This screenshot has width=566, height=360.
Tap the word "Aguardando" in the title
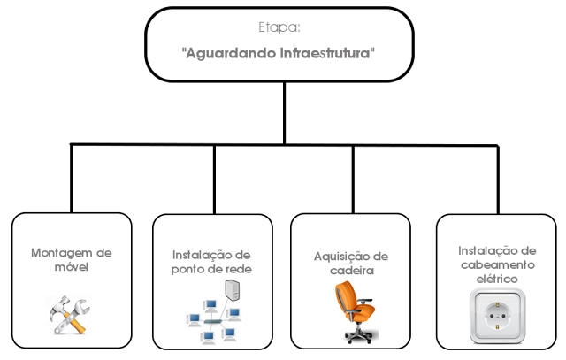coord(226,53)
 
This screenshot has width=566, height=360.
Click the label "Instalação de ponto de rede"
coord(211,262)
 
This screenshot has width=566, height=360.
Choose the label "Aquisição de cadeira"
coord(351,263)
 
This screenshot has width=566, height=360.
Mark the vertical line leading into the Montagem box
coord(72,178)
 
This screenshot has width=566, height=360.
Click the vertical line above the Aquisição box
coord(353,178)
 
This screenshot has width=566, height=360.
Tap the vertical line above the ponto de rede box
coord(213,178)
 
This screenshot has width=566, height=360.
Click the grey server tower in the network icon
coord(232,292)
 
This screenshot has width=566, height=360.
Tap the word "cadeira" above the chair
coord(351,270)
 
